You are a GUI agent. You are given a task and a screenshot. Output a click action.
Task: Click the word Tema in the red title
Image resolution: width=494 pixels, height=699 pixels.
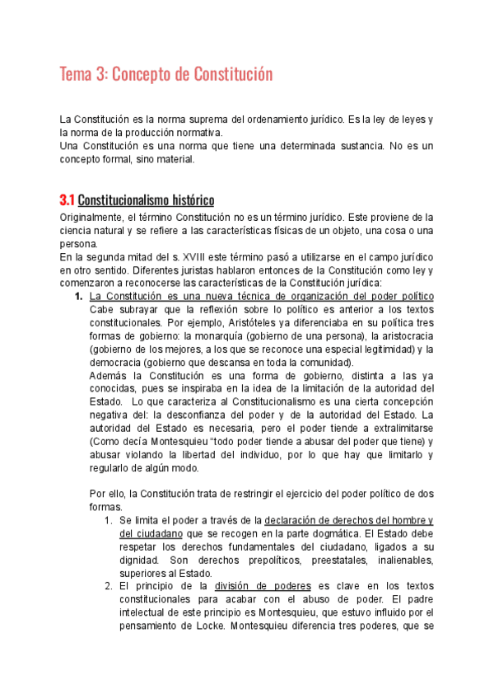(x=75, y=75)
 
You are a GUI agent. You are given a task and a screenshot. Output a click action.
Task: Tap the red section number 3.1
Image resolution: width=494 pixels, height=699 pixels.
(x=67, y=200)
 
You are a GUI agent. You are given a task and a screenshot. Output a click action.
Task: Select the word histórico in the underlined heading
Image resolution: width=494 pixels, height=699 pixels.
(x=192, y=200)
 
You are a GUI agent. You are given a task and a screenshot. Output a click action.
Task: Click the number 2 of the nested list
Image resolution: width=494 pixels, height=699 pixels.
(x=108, y=586)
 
